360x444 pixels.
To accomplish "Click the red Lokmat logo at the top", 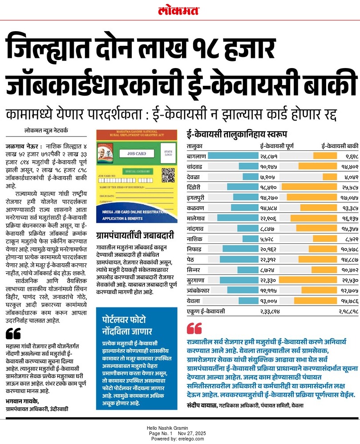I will click(x=179, y=11).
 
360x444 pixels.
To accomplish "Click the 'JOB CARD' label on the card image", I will click(x=137, y=153).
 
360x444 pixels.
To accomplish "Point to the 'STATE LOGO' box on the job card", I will click(x=168, y=153).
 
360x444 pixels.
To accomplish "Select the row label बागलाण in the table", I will click(x=196, y=156).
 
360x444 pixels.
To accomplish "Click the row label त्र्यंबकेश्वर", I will click(x=202, y=290).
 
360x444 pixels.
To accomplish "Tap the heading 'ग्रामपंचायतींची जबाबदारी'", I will click(x=135, y=236).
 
